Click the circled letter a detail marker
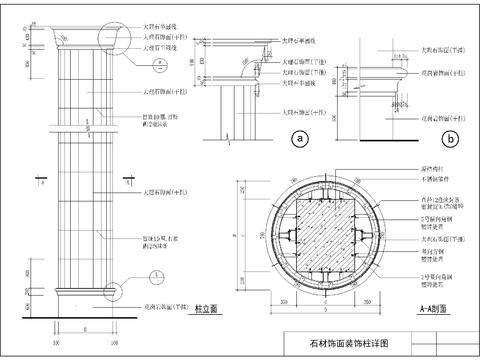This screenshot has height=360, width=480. coord(297,140)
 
